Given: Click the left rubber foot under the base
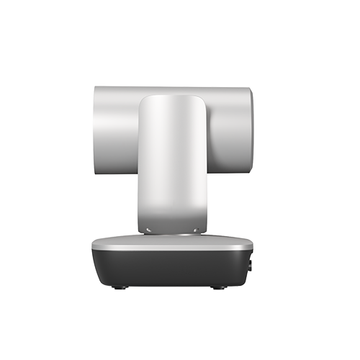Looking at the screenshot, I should [x=117, y=287].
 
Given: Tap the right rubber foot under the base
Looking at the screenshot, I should [x=216, y=287].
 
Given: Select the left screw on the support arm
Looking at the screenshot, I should [x=149, y=230].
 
